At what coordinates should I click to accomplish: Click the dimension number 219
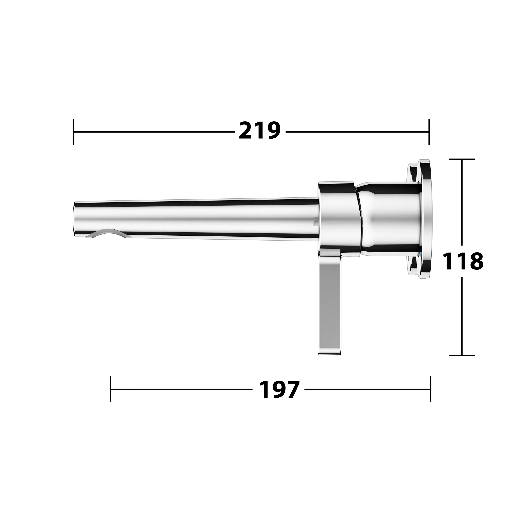[x=259, y=131]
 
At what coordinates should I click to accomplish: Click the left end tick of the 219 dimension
[x=73, y=132]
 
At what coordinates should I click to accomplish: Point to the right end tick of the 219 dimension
[x=429, y=132]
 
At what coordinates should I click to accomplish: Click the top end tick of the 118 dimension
[x=462, y=159]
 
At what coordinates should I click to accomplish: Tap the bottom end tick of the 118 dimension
[x=462, y=355]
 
